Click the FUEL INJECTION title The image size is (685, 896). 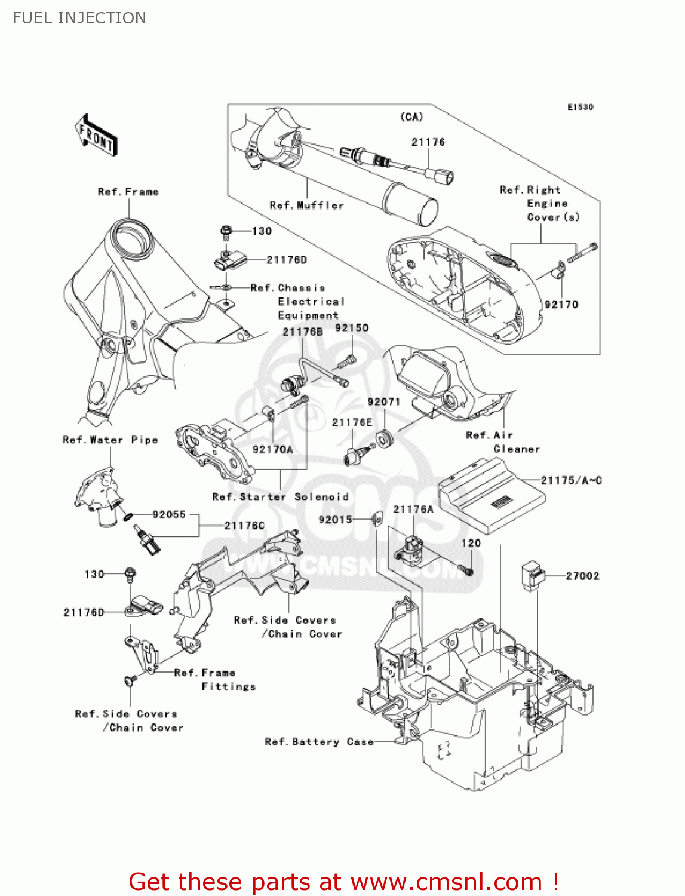(x=79, y=18)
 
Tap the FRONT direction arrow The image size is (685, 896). (x=96, y=136)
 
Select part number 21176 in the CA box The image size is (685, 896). (x=428, y=142)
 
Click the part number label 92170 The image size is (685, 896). (x=561, y=305)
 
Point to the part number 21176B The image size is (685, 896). (x=303, y=332)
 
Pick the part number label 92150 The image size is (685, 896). (x=352, y=328)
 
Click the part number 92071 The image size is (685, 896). (x=383, y=402)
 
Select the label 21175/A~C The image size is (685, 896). (x=571, y=480)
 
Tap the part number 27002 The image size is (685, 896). (x=582, y=576)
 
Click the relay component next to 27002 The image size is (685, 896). (x=533, y=576)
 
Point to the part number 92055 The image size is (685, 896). (x=169, y=514)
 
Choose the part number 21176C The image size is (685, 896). (x=244, y=526)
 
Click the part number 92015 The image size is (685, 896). (x=335, y=520)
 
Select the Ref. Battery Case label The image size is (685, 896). (x=319, y=742)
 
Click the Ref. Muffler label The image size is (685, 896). (x=307, y=205)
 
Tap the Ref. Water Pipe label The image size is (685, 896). (x=110, y=440)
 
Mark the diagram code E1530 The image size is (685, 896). (x=580, y=107)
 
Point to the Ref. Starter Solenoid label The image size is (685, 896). (x=280, y=497)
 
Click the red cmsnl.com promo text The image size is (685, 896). (x=343, y=882)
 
